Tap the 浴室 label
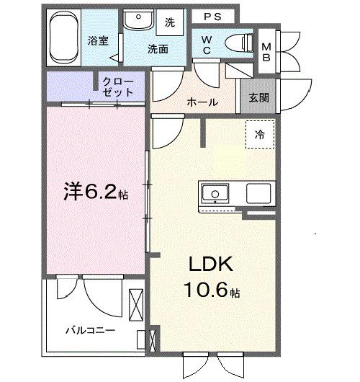(99, 40)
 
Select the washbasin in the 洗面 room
(135, 21)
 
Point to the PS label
(212, 16)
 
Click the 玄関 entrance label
(259, 98)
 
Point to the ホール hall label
(202, 102)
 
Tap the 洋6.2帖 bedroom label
(96, 193)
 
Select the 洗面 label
(158, 49)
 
